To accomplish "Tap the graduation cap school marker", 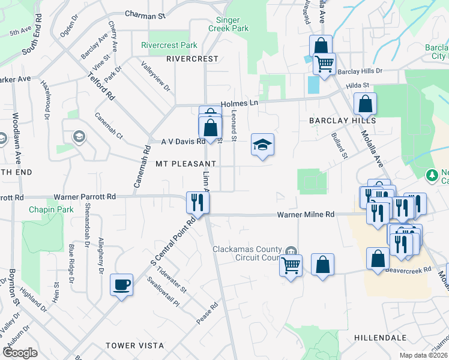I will point(262,145).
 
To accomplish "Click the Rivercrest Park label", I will point(169,45).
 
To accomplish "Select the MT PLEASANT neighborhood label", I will point(185,163).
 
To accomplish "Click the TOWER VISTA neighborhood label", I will point(134,346).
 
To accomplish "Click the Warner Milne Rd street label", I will point(306,214).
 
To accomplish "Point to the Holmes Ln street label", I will point(239,103).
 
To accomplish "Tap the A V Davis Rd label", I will point(183,142).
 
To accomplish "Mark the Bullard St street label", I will point(339,146).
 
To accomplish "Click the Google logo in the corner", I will point(20,353).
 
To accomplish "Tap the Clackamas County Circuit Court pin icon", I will point(291,250).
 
